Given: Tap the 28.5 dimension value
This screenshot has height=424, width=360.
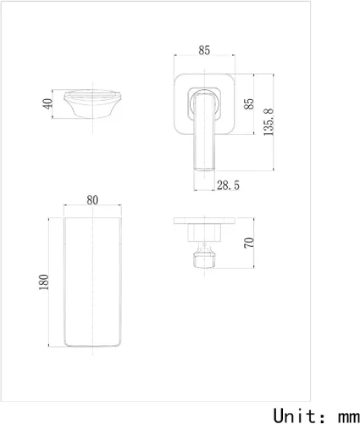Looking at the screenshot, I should pyautogui.click(x=226, y=183).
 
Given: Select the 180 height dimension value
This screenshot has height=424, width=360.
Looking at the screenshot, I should pyautogui.click(x=45, y=281).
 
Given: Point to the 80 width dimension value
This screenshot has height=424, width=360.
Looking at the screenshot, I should pyautogui.click(x=92, y=201).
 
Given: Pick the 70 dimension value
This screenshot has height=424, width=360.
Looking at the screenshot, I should pyautogui.click(x=248, y=243).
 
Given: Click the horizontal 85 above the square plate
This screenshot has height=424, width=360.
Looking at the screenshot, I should pyautogui.click(x=204, y=51).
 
